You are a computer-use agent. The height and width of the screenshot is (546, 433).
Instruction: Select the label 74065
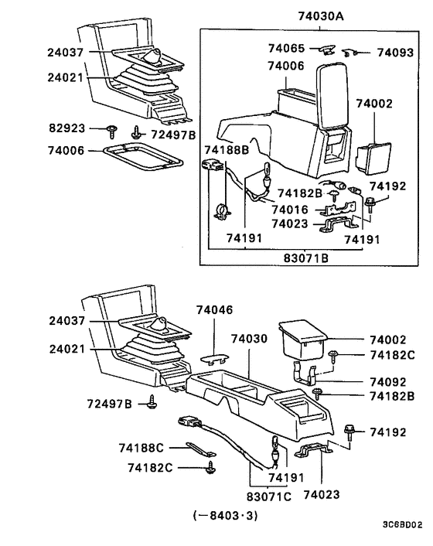tap(286, 48)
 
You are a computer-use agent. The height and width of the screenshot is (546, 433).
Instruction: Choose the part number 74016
tap(289, 210)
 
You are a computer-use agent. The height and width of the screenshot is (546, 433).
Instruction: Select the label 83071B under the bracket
tap(308, 257)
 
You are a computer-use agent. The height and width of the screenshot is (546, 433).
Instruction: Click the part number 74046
tap(212, 308)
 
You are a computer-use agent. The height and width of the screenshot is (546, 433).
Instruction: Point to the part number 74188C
tap(141, 448)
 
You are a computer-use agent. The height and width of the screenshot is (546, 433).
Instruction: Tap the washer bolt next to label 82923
tap(112, 129)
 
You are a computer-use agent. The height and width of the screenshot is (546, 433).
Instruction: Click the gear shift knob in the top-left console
tap(155, 56)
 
